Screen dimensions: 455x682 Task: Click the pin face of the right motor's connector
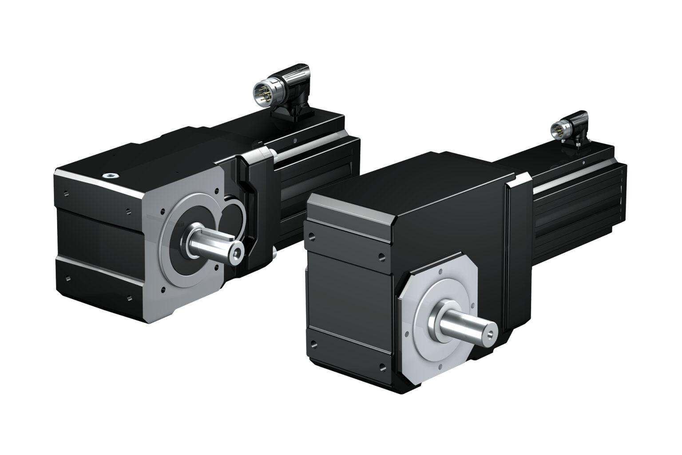tap(555, 130)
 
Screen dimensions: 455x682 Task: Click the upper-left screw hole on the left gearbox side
tap(66, 193)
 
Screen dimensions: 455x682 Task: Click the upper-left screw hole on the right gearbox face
tap(313, 236)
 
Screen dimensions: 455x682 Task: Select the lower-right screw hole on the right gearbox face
tap(382, 367)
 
